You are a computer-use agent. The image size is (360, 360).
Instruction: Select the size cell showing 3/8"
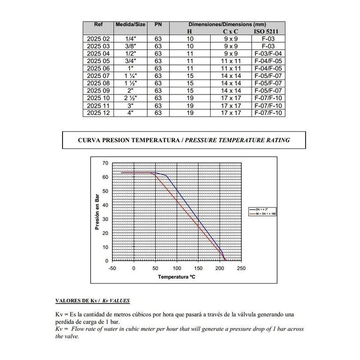click(x=130, y=46)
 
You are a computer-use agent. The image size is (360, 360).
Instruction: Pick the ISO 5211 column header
click(x=267, y=32)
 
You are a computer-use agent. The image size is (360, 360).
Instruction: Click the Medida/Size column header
click(x=130, y=24)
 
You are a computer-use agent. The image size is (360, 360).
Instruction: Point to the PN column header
click(x=158, y=24)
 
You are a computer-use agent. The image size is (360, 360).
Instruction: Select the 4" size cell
click(x=130, y=112)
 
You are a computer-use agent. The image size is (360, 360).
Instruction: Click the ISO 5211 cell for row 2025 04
click(x=267, y=54)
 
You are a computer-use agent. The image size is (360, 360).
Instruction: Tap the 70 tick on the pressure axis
click(x=105, y=163)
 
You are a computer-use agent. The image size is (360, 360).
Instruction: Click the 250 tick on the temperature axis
click(x=241, y=268)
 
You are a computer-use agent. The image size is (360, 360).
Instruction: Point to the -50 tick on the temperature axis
click(x=112, y=268)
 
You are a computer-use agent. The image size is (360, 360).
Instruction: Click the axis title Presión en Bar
click(x=97, y=212)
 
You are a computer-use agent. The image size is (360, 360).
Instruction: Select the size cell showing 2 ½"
click(x=130, y=98)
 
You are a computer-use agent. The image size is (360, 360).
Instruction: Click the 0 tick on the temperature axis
click(x=134, y=268)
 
